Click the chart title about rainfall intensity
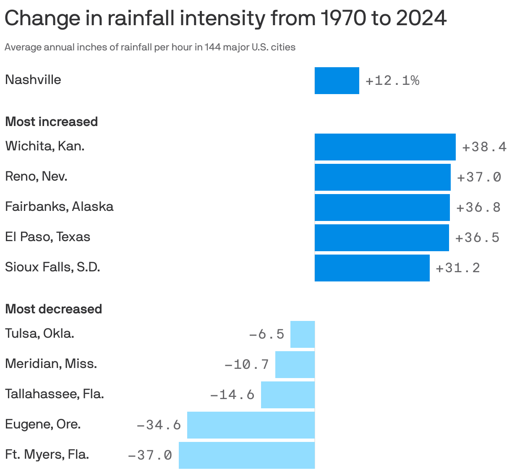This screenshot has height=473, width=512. [x=225, y=18]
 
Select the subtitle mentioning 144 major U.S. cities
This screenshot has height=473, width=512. [x=150, y=47]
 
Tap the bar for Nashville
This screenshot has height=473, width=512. [x=337, y=81]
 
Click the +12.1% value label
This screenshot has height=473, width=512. [x=392, y=81]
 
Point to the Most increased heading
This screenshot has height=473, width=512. [x=51, y=122]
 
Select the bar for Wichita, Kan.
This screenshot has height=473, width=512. [x=385, y=147]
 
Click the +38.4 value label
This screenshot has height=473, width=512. [x=484, y=147]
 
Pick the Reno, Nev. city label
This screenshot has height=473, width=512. [x=36, y=176]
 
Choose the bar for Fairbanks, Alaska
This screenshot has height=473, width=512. [x=382, y=208]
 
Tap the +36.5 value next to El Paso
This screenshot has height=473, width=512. [x=477, y=238]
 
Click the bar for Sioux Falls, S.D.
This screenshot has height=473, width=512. [x=372, y=268]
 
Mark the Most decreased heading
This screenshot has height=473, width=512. [x=53, y=309]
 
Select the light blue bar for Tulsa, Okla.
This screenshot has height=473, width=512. [x=302, y=334]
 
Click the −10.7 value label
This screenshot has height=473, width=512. [x=247, y=365]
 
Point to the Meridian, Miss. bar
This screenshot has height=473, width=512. [x=295, y=365]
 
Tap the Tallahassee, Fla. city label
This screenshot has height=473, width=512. [x=54, y=394]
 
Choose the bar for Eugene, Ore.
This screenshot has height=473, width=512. [x=251, y=425]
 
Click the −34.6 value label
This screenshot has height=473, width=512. [x=159, y=425]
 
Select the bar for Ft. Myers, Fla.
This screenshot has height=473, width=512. [x=246, y=455]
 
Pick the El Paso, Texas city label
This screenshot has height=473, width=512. [x=47, y=237]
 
